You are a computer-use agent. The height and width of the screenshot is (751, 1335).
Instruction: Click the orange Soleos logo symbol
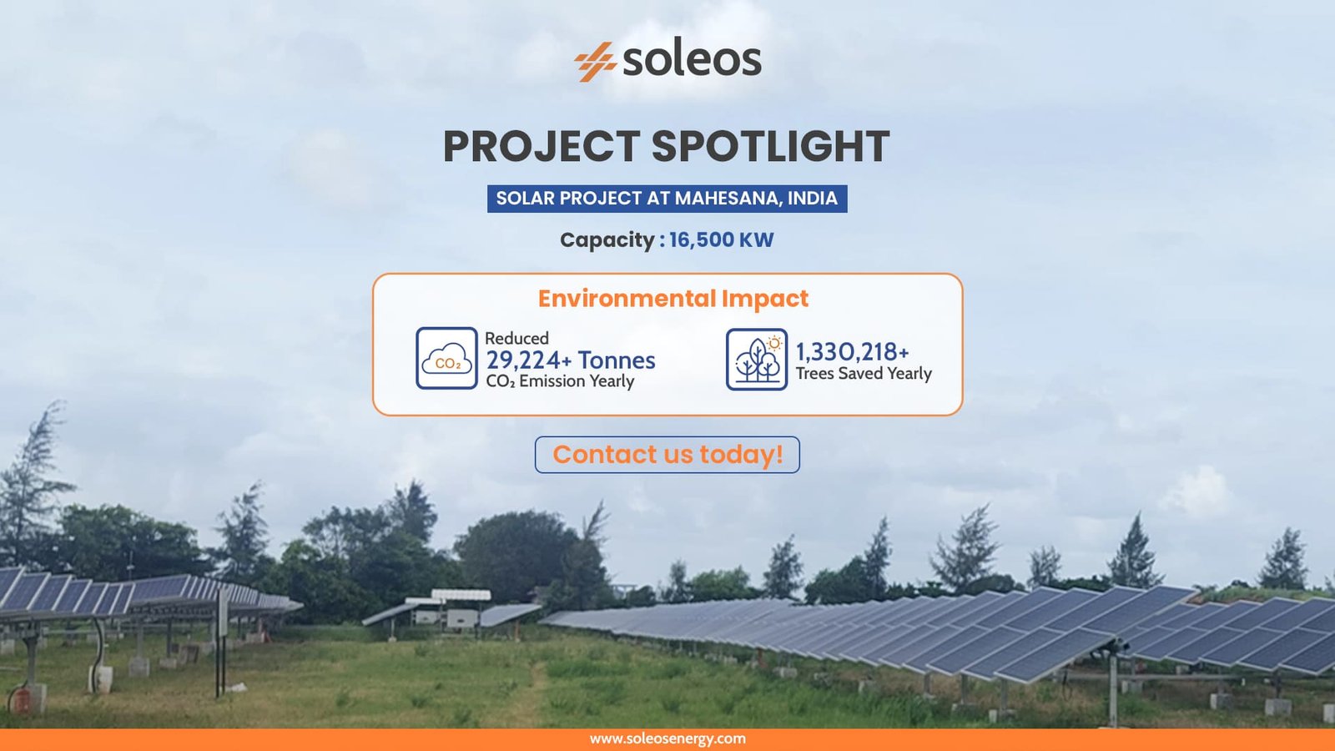[x=595, y=62]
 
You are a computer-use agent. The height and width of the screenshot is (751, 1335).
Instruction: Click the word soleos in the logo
[x=693, y=59]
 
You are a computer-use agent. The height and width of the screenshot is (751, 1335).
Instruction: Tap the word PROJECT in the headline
[x=542, y=146]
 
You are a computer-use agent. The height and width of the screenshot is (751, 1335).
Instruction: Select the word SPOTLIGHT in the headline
[x=771, y=146]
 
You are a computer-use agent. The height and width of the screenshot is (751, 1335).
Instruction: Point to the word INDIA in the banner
[x=813, y=198]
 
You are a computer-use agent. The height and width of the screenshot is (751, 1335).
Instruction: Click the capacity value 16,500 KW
[x=721, y=239]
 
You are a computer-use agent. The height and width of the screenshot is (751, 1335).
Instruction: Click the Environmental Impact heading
[x=673, y=299]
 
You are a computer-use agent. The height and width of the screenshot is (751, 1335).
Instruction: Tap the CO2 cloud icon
[x=447, y=358]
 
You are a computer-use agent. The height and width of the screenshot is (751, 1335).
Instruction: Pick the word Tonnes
[x=617, y=360]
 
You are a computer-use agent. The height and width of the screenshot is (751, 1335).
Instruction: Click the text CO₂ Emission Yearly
[x=560, y=381]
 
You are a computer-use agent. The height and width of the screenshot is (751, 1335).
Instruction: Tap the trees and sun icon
[x=757, y=360]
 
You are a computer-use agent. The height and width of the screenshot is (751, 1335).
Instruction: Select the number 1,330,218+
[x=852, y=352]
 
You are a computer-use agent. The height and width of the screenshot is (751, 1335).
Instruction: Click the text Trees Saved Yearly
[x=864, y=374]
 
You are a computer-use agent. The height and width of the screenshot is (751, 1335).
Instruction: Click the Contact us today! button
[x=667, y=455]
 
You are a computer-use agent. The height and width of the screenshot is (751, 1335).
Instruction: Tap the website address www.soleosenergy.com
[x=667, y=739]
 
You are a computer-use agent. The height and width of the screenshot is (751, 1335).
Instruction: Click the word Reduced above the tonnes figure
[x=516, y=339]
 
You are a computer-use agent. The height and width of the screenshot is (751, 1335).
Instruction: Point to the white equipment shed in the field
[x=447, y=608]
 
